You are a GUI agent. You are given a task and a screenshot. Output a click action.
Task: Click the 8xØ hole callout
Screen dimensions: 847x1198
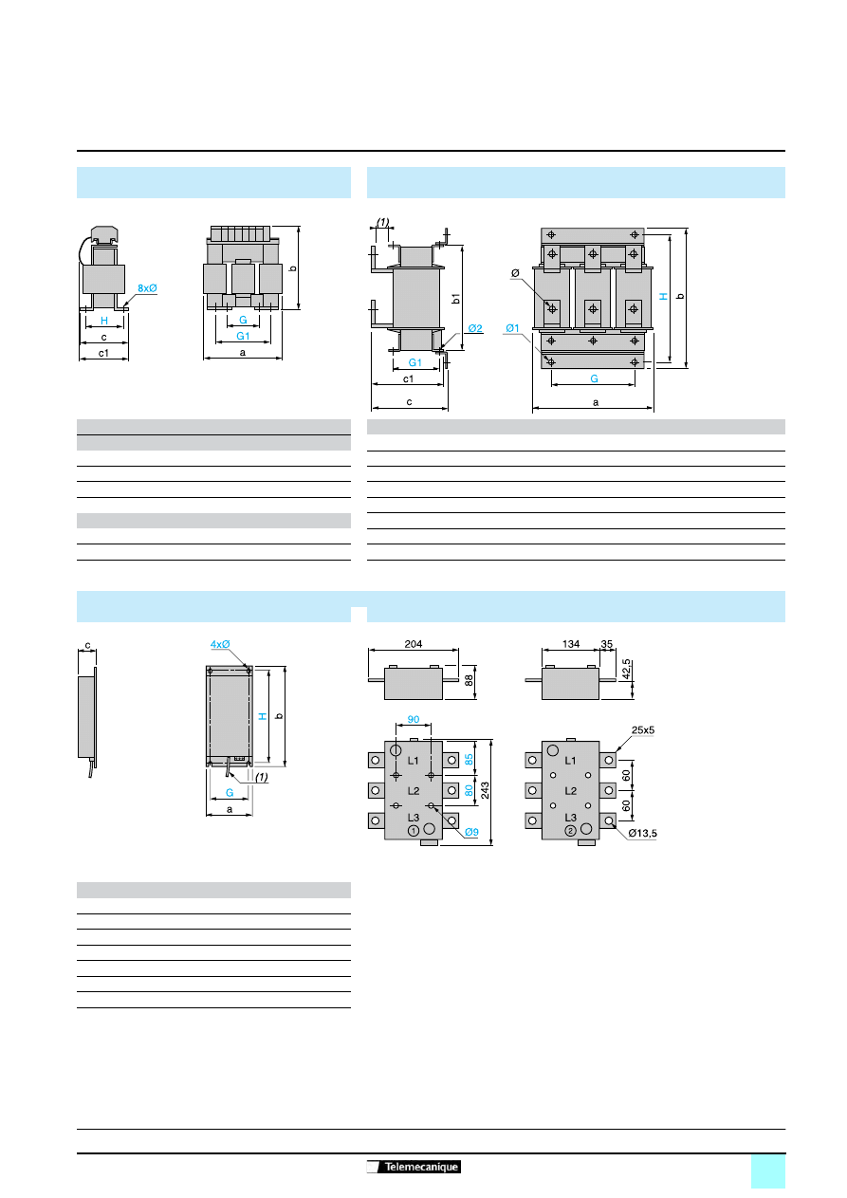coord(147,288)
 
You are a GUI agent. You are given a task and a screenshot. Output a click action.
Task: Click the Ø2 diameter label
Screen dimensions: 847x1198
coord(475,328)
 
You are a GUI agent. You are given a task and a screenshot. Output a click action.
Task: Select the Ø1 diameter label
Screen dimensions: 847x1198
coord(512,328)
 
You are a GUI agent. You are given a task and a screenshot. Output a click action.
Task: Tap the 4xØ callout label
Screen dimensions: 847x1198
coord(220,644)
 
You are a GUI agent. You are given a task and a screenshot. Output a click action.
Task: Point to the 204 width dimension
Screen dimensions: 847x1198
coord(414,644)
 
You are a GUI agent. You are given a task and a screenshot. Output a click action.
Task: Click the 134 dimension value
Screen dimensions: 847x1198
coord(571,644)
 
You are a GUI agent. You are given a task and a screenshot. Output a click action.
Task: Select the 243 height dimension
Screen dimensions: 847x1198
coord(485,790)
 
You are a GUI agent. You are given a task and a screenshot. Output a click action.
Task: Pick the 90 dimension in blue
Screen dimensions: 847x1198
coord(414,719)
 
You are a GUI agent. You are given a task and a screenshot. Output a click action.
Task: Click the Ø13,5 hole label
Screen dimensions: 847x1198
coord(643,833)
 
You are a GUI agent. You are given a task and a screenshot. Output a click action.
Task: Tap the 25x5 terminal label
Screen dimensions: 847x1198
coord(643,730)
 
